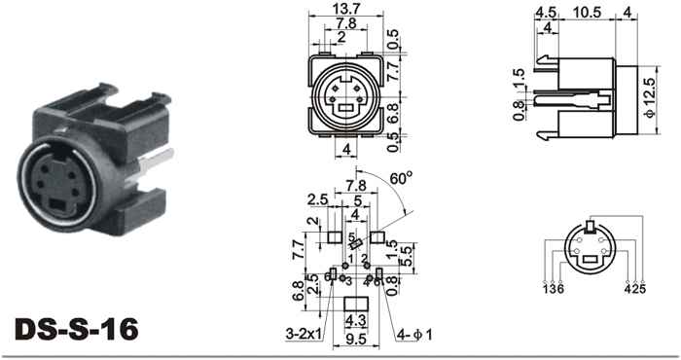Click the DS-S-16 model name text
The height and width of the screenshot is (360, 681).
77,329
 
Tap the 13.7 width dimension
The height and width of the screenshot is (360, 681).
346,9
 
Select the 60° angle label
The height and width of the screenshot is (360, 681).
401,178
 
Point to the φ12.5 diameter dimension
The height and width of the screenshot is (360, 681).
650,100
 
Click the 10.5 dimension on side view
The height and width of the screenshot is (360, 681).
587,13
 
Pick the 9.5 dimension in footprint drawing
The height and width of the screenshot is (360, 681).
356,340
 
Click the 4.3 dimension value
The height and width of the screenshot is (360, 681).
356,321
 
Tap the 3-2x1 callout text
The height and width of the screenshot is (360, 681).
304,335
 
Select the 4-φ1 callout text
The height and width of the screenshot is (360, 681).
413,335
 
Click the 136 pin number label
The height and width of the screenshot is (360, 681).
553,288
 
